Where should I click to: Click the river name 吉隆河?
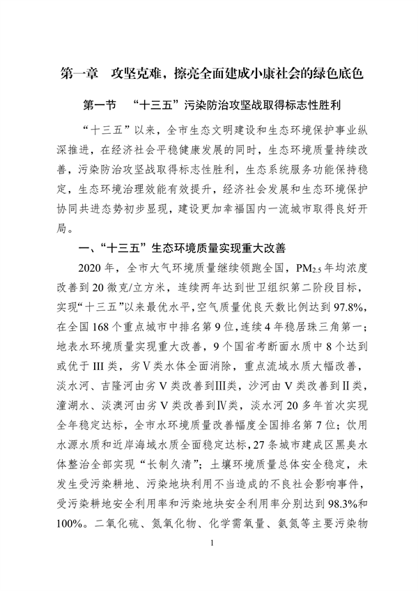(129, 385)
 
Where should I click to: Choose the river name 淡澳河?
(125, 404)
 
